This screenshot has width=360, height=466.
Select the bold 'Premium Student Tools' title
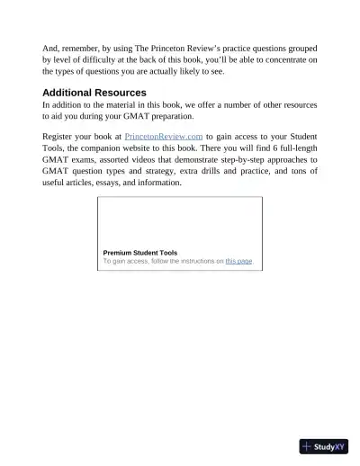click(140, 253)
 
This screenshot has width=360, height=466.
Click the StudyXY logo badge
click(324, 446)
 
